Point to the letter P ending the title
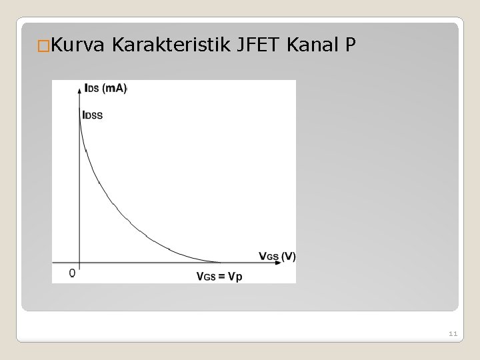pyautogui.click(x=351, y=45)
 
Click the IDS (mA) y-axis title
pyautogui.click(x=106, y=88)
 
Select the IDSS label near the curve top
pyautogui.click(x=93, y=115)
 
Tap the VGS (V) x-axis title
pyautogui.click(x=277, y=255)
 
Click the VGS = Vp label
pyautogui.click(x=219, y=275)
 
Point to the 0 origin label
pyautogui.click(x=72, y=273)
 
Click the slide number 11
pyautogui.click(x=453, y=333)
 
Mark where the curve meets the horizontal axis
pyautogui.click(x=220, y=262)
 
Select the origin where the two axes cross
pyautogui.click(x=79, y=262)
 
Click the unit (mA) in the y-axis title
pyautogui.click(x=115, y=88)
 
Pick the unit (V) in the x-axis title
pyautogui.click(x=288, y=255)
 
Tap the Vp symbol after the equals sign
pyautogui.click(x=235, y=275)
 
